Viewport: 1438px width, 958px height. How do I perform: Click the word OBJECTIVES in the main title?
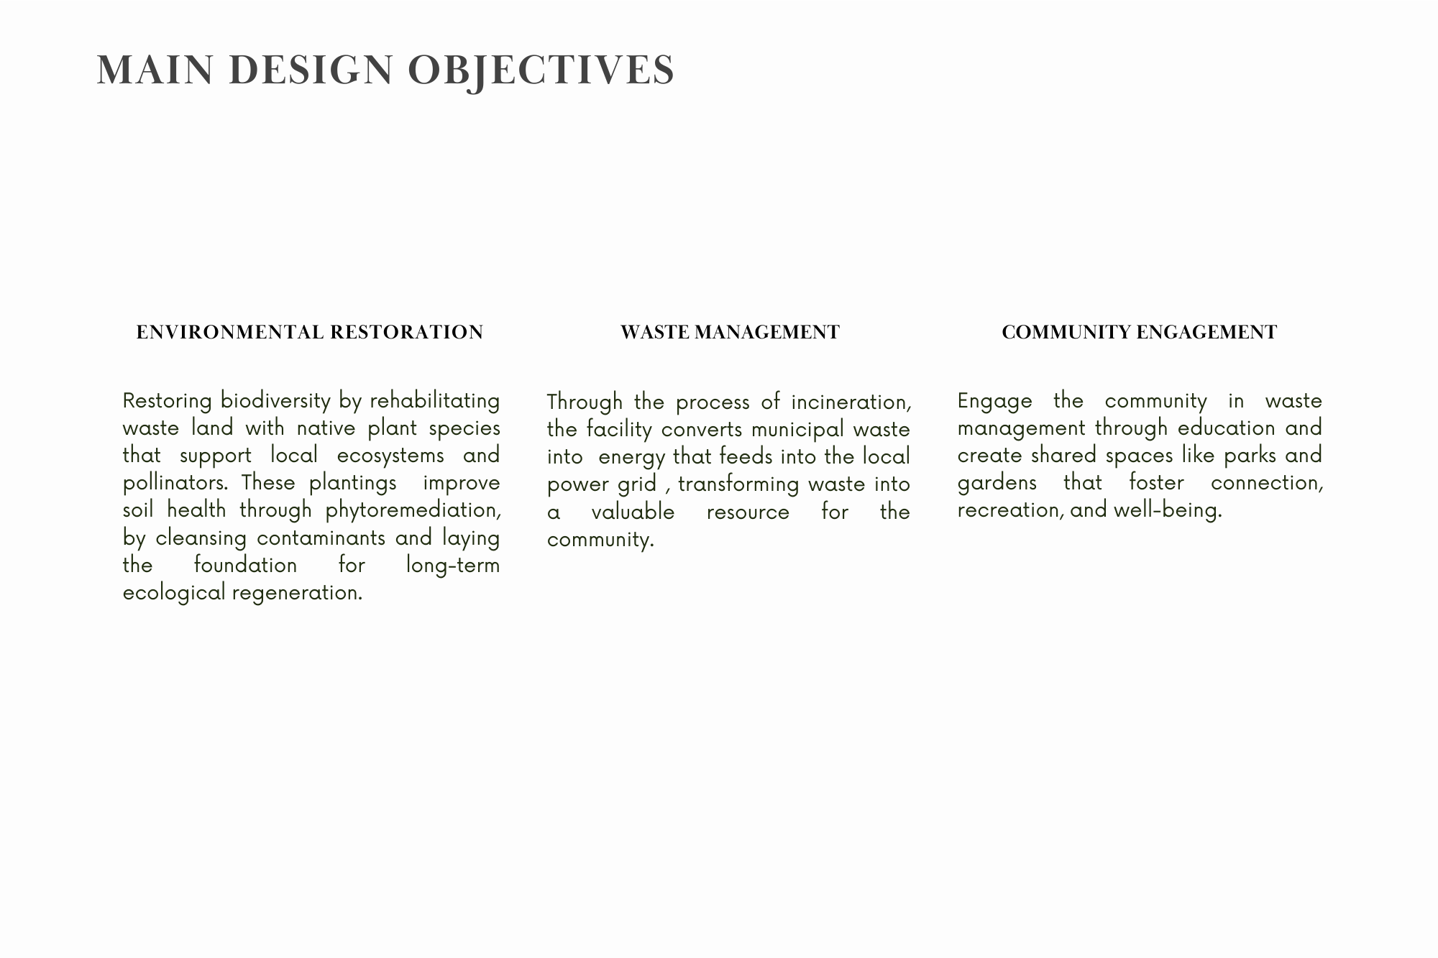tap(541, 70)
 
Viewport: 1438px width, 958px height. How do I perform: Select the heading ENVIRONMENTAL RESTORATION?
tap(310, 332)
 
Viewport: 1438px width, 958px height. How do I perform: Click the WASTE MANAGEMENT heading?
tap(730, 332)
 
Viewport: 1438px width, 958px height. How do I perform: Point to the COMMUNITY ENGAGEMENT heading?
tap(1139, 332)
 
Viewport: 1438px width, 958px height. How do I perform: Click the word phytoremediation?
tap(413, 510)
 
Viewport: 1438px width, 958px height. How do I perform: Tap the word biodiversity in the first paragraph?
tap(275, 400)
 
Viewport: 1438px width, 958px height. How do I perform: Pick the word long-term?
tap(452, 566)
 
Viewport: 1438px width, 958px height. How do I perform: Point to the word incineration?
tap(851, 402)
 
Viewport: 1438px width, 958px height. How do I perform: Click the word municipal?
tap(797, 430)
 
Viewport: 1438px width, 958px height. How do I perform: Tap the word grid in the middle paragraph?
tap(637, 484)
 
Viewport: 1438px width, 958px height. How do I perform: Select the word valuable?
tap(633, 512)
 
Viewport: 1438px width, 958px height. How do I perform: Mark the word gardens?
tap(997, 483)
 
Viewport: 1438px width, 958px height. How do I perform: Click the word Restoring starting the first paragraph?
tap(167, 400)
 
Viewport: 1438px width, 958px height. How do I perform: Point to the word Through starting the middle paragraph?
tap(585, 402)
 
